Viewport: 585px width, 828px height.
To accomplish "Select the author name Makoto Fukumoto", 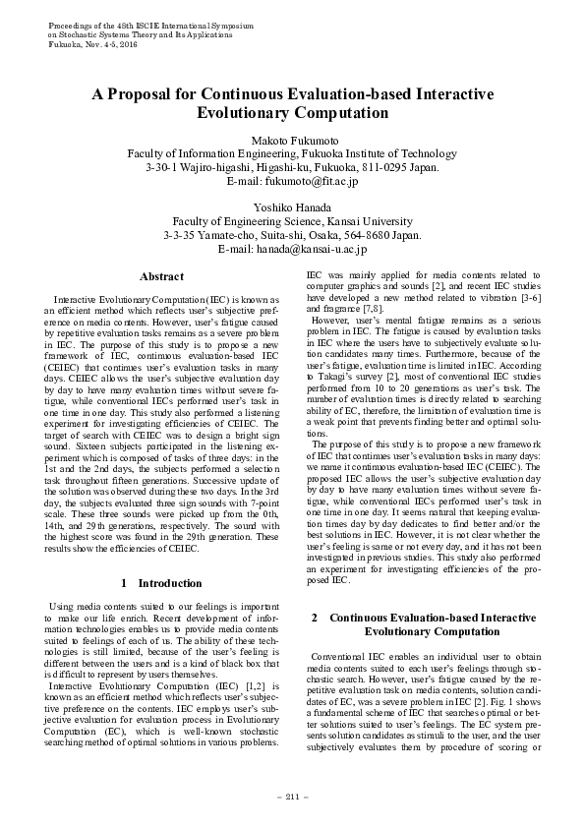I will click(x=292, y=140).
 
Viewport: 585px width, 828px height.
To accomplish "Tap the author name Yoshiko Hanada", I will click(x=292, y=207).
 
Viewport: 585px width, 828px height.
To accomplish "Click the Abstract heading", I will click(x=161, y=277).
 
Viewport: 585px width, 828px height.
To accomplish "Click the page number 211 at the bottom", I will click(x=292, y=795).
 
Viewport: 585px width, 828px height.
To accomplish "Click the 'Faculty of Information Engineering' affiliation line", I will click(x=292, y=153).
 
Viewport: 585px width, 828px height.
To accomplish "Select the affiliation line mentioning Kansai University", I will click(x=292, y=222).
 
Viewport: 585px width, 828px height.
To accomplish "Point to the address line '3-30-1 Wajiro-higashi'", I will click(x=292, y=167).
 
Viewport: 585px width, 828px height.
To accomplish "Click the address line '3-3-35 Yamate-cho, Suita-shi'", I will click(x=292, y=236).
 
